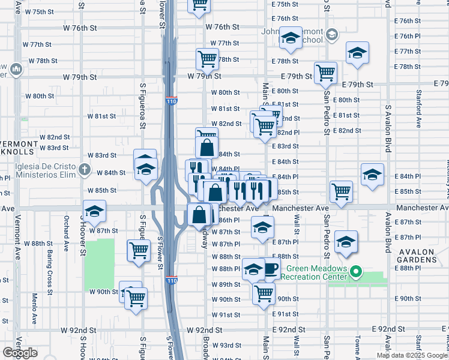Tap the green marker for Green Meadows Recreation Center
(x=355, y=272)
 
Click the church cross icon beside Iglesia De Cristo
(x=85, y=170)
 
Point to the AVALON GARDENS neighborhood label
(x=420, y=255)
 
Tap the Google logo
(x=20, y=353)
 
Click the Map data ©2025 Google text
(x=412, y=355)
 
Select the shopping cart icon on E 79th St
(x=325, y=73)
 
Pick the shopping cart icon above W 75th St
(x=199, y=5)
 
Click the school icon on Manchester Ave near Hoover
(x=94, y=211)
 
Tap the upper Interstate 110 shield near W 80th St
(x=172, y=101)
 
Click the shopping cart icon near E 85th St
(x=341, y=191)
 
